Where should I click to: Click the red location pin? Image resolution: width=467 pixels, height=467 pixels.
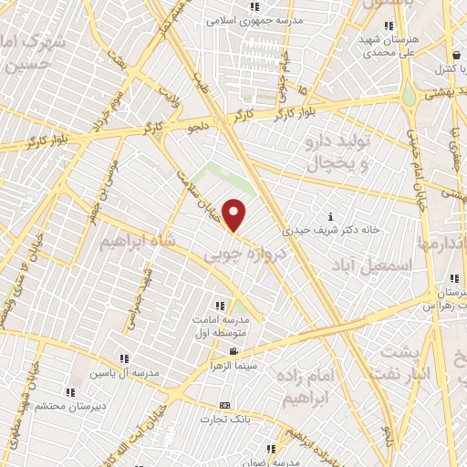coord(235,216)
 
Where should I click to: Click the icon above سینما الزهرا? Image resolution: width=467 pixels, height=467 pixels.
coord(234,352)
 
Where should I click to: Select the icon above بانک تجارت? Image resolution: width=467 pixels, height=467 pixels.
coord(225,405)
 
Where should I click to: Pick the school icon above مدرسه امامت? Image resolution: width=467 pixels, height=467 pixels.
coord(218,306)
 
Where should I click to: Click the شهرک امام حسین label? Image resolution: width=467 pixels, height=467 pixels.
coord(33,54)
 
